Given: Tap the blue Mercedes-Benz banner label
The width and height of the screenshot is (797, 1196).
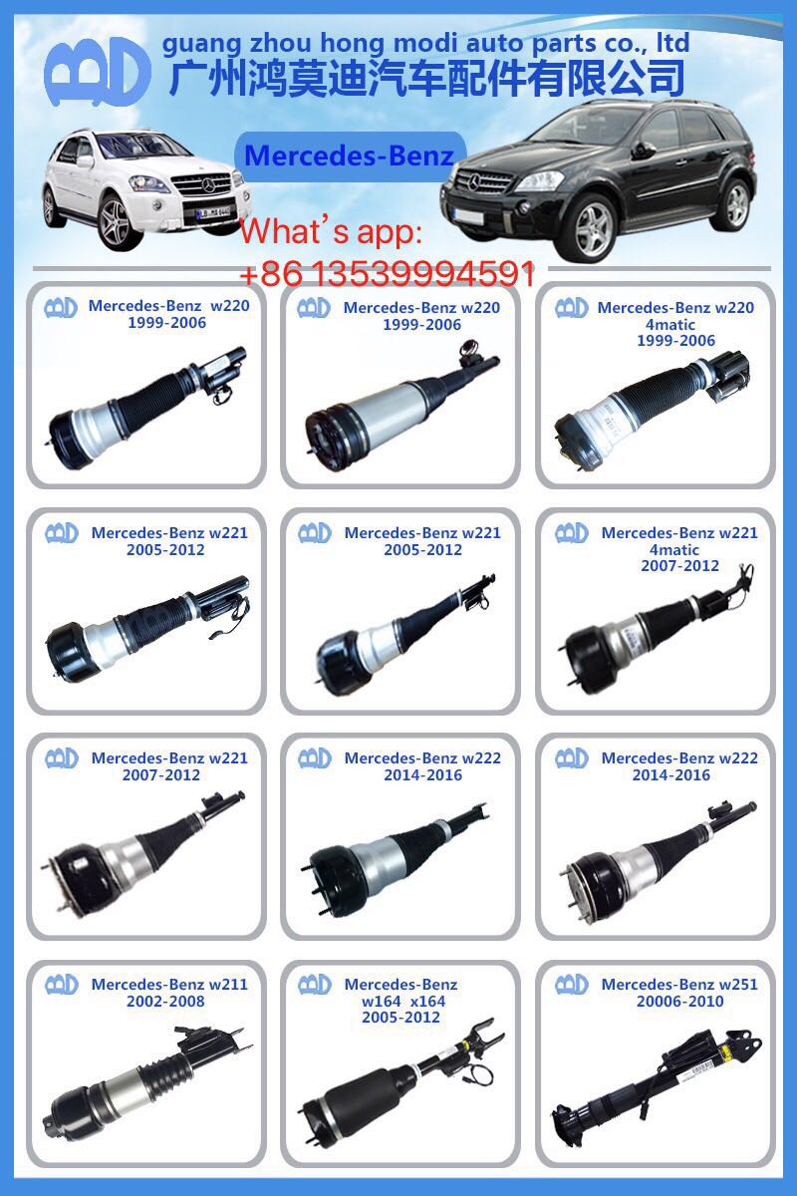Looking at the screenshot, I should pyautogui.click(x=350, y=156).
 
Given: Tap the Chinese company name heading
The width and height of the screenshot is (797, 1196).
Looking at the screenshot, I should pyautogui.click(x=428, y=78).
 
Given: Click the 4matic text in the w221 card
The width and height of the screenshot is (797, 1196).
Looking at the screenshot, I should pyautogui.click(x=675, y=549).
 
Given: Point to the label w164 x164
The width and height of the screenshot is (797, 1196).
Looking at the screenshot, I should pyautogui.click(x=402, y=1001).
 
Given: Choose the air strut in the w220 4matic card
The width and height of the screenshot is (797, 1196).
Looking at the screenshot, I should pyautogui.click(x=648, y=400).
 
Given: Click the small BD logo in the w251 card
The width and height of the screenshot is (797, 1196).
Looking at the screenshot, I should pyautogui.click(x=572, y=984).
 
